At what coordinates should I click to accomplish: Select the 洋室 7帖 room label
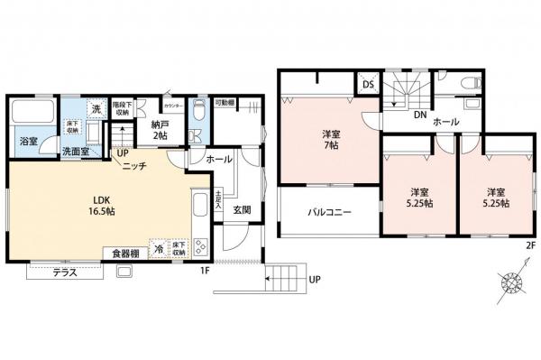click(x=331, y=141)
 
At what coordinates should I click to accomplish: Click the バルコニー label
click(x=329, y=214)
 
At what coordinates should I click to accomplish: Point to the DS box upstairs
click(x=368, y=85)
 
